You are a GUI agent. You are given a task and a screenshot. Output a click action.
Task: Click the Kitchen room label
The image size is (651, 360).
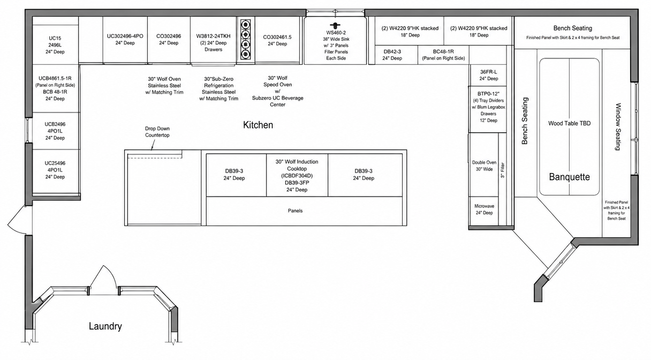(258, 125)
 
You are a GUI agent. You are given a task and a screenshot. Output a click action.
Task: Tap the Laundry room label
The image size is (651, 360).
(105, 326)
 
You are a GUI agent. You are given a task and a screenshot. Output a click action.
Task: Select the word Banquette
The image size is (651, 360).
(569, 177)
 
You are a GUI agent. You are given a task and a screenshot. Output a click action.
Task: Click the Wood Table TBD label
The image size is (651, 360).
(569, 123)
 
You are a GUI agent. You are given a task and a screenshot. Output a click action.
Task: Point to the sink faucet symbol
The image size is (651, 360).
(335, 25)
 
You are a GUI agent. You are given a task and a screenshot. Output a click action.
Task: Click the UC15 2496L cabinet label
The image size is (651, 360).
(55, 45)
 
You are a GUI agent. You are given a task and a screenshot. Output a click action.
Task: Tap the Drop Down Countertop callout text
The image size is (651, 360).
(157, 132)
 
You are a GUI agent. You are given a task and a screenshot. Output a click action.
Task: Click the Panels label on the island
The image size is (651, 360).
(296, 211)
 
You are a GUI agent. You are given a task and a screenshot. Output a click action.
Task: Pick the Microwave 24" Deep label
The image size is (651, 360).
(484, 209)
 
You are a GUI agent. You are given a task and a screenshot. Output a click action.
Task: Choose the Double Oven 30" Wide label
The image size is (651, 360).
(484, 166)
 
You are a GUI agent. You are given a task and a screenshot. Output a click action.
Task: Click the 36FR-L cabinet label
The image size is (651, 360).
(489, 75)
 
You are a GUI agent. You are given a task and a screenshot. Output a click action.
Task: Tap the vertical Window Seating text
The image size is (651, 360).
(618, 127)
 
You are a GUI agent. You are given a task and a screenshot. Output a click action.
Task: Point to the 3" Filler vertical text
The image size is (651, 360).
(503, 170)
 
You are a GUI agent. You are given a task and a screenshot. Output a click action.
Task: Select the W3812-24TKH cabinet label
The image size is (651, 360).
(213, 43)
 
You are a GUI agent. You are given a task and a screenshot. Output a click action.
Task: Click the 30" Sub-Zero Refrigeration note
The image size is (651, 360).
(219, 89)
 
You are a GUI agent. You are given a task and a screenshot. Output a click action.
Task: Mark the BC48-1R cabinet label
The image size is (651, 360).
(443, 55)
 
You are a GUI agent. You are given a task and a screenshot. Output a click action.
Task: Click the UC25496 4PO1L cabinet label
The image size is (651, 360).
(55, 170)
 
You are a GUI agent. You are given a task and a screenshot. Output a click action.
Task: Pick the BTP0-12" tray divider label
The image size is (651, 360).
(489, 107)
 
